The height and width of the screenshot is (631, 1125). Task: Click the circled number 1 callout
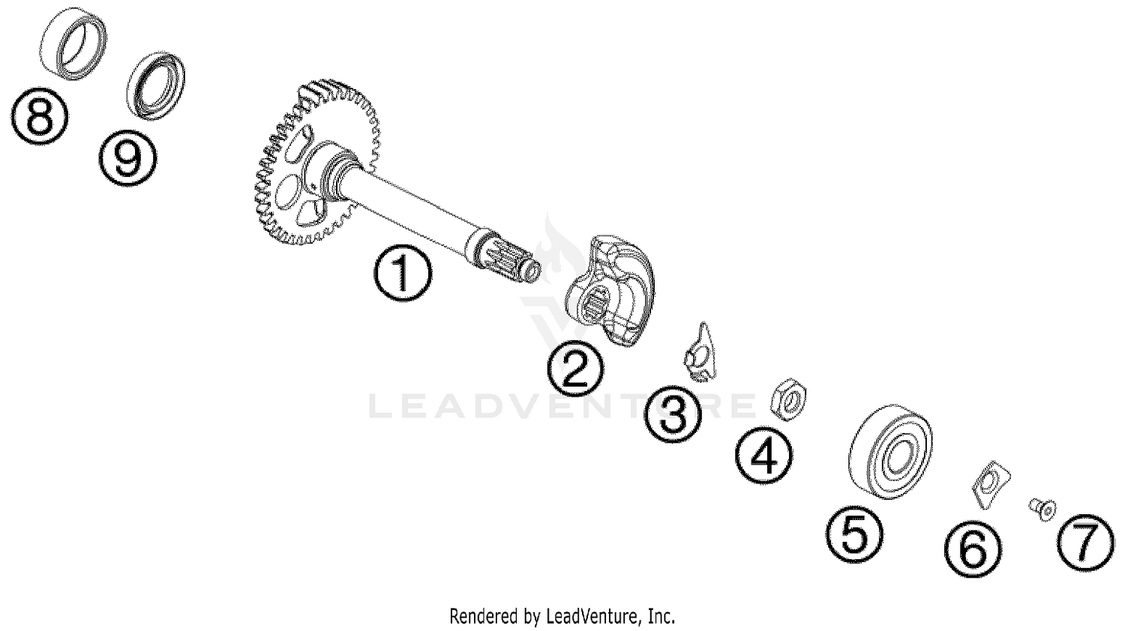pos(402,274)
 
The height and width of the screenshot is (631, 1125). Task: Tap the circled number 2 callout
pos(575,369)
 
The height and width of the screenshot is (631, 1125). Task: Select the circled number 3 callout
pos(673,414)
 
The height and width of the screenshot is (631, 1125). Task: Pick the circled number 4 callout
pos(764,456)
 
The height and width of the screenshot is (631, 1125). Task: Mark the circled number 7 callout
pos(1086,543)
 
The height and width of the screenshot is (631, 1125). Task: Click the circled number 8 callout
pos(40,116)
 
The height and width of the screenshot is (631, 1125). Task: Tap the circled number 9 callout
pos(127,157)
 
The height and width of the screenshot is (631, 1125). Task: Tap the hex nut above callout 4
pos(788,399)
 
